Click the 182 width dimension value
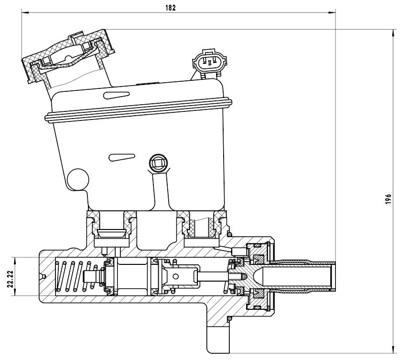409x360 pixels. point(171,8)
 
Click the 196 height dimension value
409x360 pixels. point(388,199)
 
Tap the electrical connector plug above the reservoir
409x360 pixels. point(210,62)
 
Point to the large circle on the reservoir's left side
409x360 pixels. point(78,179)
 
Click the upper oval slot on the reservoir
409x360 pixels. point(116,95)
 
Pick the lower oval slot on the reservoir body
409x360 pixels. point(122,157)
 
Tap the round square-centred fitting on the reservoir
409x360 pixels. point(158,163)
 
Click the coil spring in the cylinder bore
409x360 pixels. point(76,276)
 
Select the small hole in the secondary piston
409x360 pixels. point(175,276)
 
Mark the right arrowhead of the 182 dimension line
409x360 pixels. point(333,12)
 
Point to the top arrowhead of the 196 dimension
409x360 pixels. point(393,33)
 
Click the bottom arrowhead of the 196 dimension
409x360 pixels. point(393,350)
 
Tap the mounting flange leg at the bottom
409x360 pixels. point(218,339)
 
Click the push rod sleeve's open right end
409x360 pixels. point(333,276)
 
